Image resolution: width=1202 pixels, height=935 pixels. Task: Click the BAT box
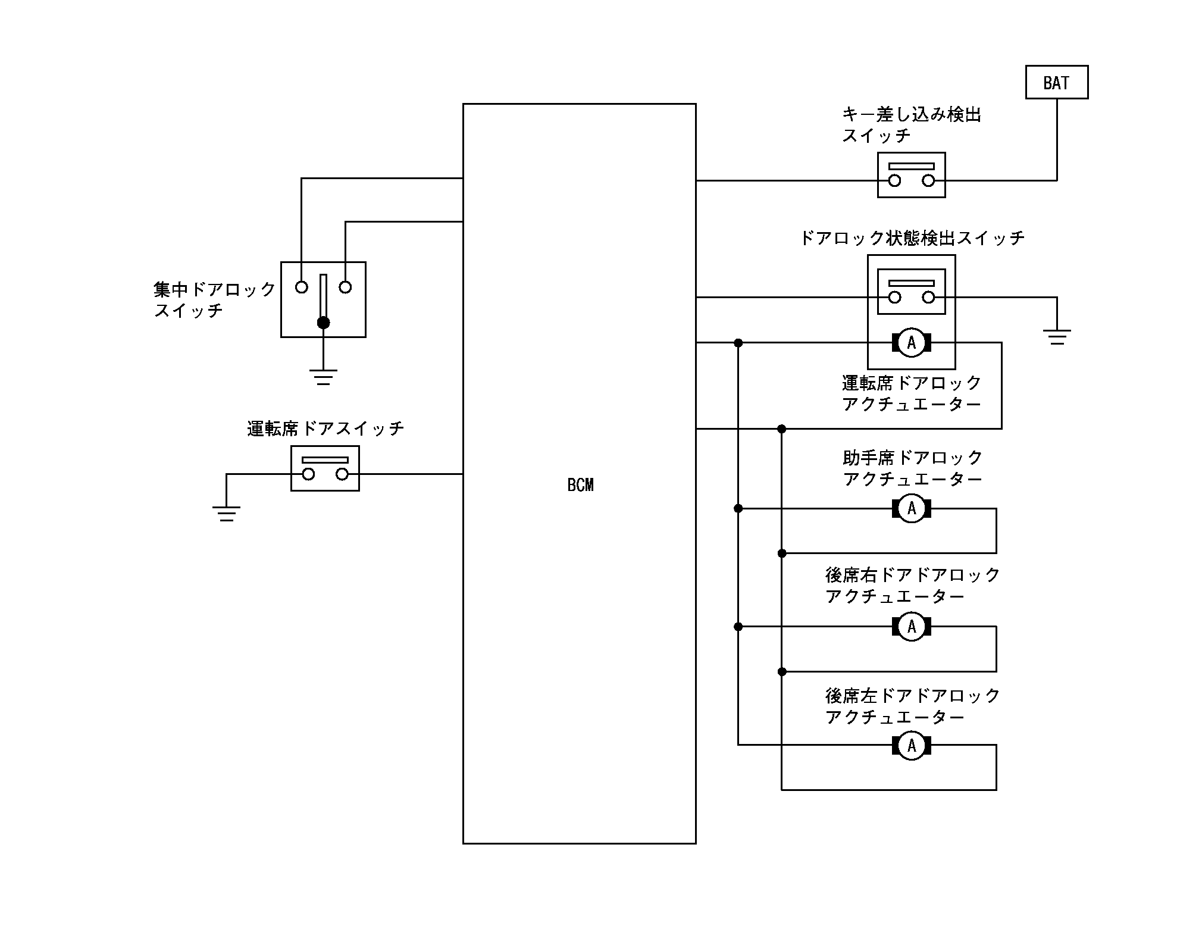[1056, 82]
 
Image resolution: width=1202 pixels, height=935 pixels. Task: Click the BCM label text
[580, 485]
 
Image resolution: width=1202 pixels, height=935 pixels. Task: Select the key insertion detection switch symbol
[911, 174]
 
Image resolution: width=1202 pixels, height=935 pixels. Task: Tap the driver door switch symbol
[325, 468]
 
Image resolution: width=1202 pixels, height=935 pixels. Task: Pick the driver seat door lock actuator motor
[911, 343]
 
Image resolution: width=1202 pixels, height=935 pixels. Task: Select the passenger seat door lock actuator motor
[911, 509]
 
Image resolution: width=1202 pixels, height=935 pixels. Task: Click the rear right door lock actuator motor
[911, 627]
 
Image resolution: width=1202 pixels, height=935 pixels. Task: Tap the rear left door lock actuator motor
[911, 745]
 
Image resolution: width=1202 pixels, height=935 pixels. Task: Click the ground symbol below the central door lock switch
[323, 377]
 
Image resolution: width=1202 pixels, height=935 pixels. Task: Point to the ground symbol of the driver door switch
[226, 513]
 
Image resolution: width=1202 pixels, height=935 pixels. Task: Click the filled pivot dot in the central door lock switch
[323, 323]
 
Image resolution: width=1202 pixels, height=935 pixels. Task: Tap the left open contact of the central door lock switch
[302, 287]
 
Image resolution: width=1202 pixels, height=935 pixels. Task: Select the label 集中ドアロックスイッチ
[215, 300]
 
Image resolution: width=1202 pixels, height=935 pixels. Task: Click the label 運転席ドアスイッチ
[325, 429]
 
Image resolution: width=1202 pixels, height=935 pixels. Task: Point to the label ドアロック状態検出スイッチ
[912, 238]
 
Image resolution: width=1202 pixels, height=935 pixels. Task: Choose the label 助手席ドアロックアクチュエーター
[912, 468]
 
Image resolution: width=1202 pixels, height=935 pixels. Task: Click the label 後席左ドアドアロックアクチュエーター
[912, 706]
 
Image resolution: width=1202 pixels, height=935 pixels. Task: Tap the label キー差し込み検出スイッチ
[911, 125]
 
